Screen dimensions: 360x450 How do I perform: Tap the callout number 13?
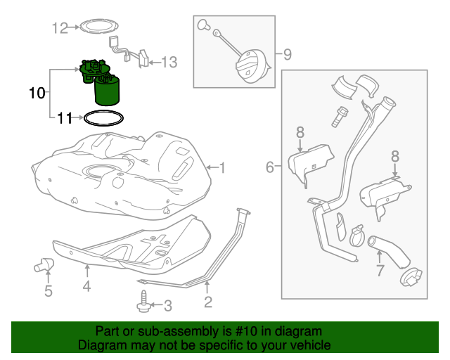pos(169,63)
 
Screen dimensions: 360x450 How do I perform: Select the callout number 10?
pos(37,92)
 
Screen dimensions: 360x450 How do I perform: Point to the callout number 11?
pos(65,118)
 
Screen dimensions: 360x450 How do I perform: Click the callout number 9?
pos(286,53)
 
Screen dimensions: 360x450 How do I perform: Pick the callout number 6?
pos(270,167)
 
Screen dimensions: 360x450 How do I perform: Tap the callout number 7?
pos(380,271)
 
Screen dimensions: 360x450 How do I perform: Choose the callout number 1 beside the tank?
pos(221,167)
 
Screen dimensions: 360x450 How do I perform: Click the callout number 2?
pos(208,302)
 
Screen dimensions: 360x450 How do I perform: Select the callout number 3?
pos(167,305)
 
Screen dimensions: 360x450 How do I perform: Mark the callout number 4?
pos(86,286)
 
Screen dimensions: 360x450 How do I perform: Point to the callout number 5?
pos(48,290)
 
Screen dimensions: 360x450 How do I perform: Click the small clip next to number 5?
pos(46,265)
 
